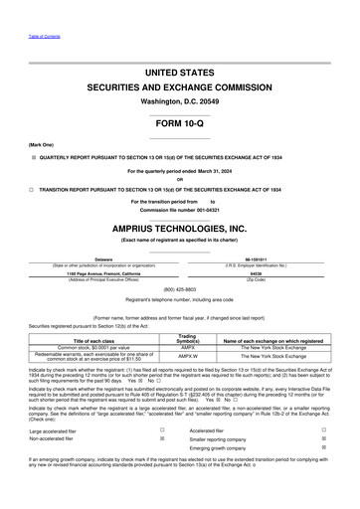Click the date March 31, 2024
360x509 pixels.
(x=210, y=170)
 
